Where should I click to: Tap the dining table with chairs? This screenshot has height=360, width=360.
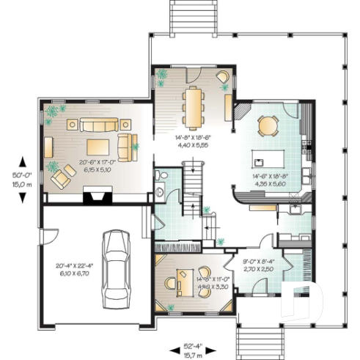pyautogui.click(x=191, y=106)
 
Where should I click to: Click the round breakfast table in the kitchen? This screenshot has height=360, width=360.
pyautogui.click(x=268, y=127)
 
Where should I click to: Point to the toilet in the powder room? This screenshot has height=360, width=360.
pyautogui.click(x=161, y=177)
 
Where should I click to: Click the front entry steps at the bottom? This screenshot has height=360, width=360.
pyautogui.click(x=247, y=338)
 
